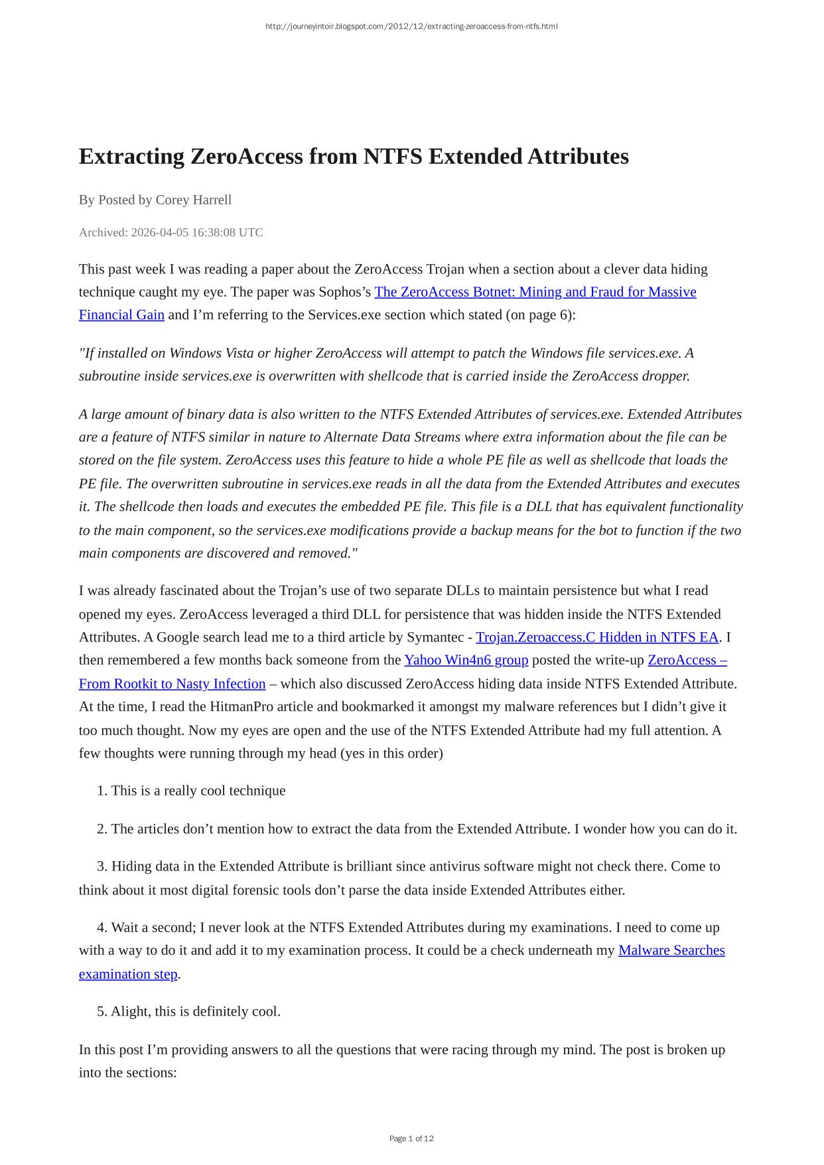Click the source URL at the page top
pos(411,27)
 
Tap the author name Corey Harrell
pos(193,200)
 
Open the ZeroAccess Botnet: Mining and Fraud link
pos(535,292)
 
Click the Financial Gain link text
pos(121,314)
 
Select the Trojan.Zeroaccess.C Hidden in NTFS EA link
pos(596,637)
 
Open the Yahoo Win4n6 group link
pos(466,659)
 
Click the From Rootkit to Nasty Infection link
pos(172,683)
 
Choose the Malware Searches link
pos(671,950)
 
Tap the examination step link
pos(128,974)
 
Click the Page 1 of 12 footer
pos(411,1138)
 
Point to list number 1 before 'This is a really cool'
pos(102,791)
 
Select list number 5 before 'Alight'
pos(102,1011)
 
